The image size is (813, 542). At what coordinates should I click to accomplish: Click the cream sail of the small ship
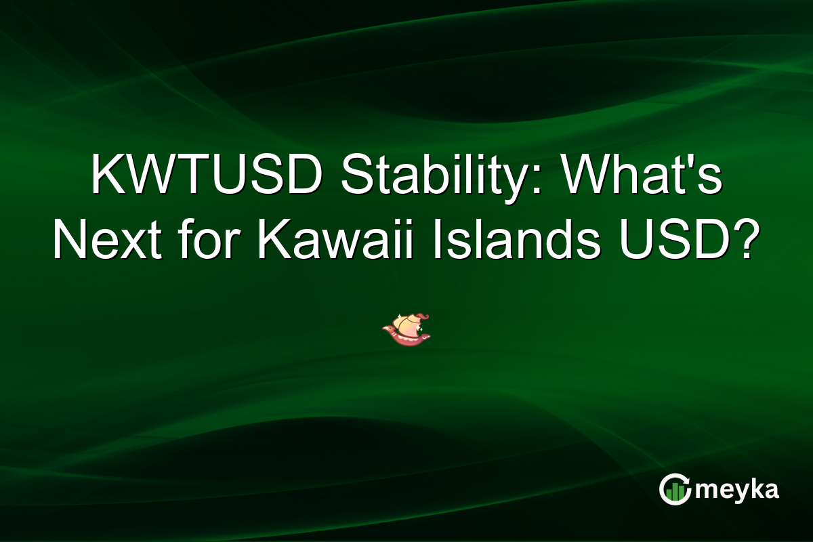(x=406, y=325)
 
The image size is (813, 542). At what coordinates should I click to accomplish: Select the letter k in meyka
(x=754, y=488)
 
